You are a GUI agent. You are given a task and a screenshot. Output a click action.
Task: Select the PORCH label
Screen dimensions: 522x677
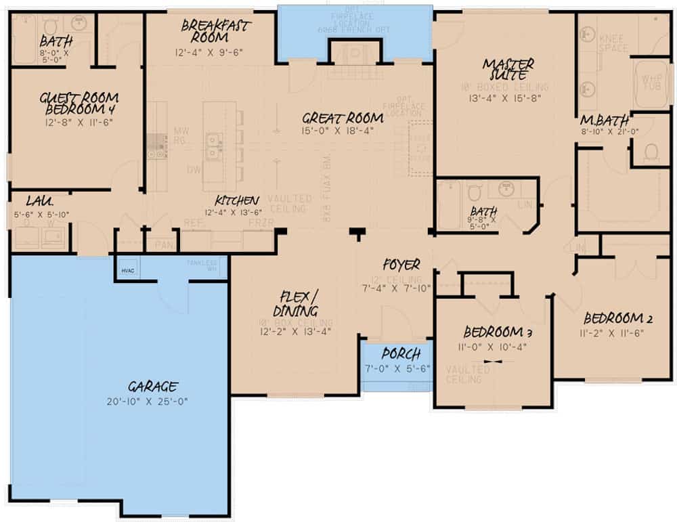401,354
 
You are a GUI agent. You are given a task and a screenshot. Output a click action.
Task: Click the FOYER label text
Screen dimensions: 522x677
401,265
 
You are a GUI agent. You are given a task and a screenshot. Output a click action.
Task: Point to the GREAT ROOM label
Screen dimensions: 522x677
343,118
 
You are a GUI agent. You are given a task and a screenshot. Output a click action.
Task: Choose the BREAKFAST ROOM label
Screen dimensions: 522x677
216,31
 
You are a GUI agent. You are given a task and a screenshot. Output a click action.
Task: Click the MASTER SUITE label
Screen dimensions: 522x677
508,69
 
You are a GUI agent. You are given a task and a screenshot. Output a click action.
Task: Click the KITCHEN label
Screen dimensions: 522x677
236,200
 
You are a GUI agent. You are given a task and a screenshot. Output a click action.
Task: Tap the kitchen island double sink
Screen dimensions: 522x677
214,146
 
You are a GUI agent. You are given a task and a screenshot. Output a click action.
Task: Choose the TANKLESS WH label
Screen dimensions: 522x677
202,263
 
